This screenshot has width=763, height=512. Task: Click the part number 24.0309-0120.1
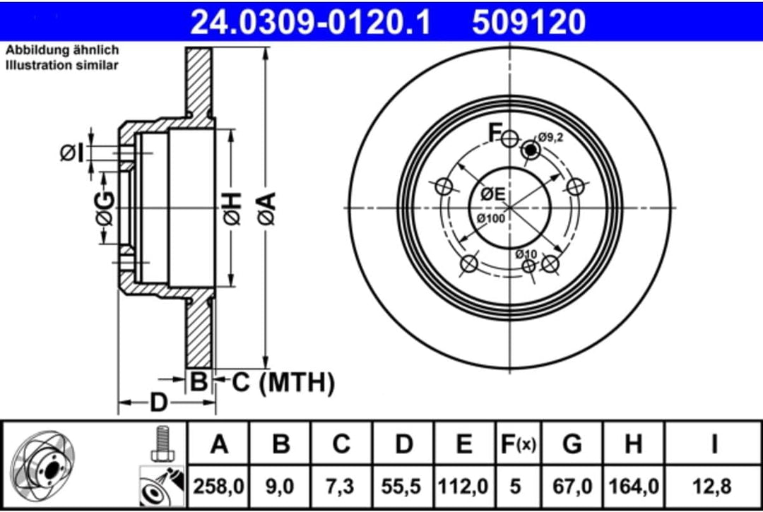(311, 22)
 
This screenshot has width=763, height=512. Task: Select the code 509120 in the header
(528, 22)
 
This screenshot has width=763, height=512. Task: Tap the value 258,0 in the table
(220, 486)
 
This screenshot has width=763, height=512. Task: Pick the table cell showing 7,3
(342, 486)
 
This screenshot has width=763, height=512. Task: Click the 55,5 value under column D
(403, 486)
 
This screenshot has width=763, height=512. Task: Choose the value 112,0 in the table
(464, 486)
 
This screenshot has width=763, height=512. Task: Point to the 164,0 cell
(634, 486)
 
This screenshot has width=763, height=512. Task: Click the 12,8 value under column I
(714, 486)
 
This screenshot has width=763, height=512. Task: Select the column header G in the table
(572, 444)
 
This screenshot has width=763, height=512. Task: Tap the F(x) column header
(517, 444)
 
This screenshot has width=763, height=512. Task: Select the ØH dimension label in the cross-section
(233, 209)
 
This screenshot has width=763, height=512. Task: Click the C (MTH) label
(283, 383)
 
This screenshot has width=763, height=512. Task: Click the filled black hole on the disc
(530, 150)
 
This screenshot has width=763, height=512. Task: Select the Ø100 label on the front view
(490, 218)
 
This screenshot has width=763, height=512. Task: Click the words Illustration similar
(62, 65)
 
